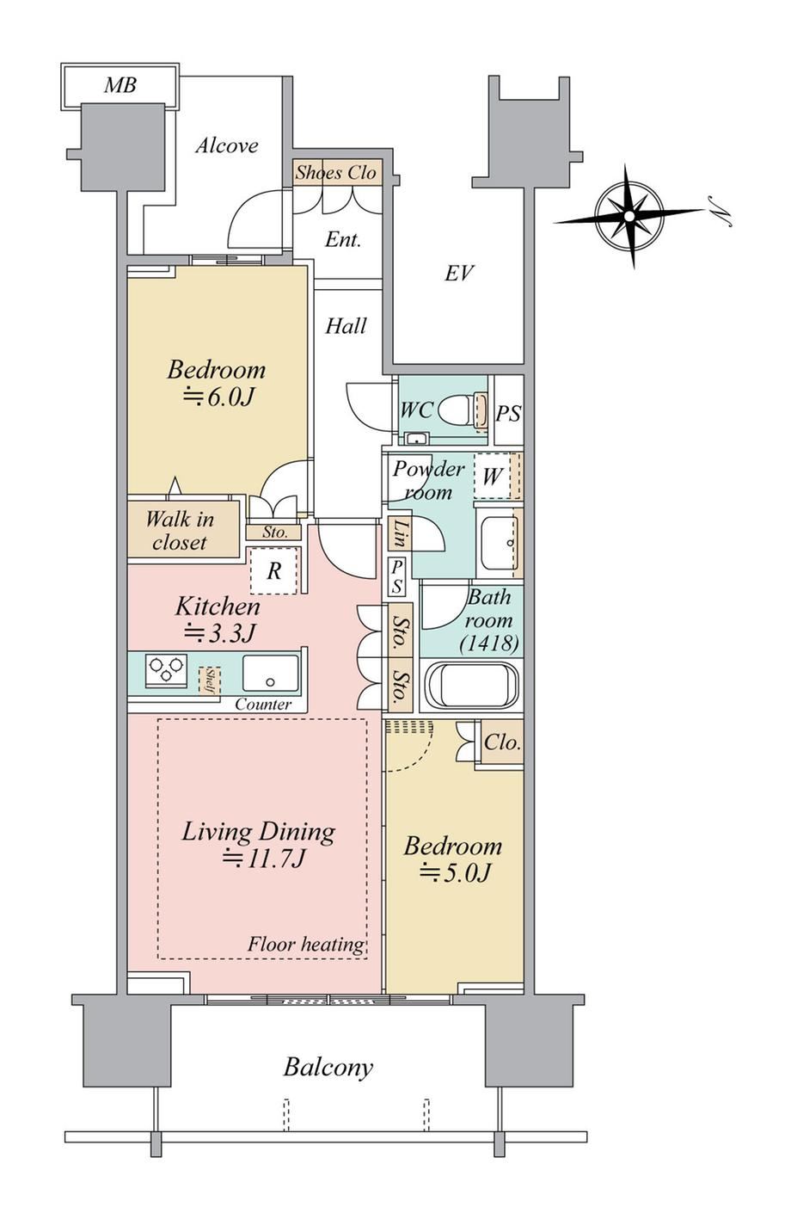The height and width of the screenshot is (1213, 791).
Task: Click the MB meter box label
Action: [120, 85]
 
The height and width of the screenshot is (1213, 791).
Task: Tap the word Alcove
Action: [227, 145]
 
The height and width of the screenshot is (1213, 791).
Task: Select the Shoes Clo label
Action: [335, 173]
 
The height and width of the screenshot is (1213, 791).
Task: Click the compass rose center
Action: [629, 216]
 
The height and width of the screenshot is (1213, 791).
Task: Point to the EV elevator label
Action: [459, 274]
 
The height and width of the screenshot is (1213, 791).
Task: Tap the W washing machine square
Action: [493, 477]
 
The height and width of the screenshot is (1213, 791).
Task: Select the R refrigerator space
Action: [273, 570]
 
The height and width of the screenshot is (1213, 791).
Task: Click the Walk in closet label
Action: [180, 531]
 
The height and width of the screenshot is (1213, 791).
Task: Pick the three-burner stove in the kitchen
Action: [166, 671]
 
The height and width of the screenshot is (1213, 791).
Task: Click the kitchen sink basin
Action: [271, 673]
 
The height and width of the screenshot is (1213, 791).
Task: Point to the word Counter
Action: [263, 705]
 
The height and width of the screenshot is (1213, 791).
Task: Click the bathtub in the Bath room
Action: [470, 684]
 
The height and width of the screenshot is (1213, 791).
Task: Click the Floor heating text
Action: [306, 945]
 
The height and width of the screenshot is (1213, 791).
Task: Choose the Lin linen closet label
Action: [401, 533]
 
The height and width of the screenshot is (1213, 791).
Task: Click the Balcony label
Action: [328, 1068]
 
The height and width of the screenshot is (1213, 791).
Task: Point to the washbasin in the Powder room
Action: [500, 543]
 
